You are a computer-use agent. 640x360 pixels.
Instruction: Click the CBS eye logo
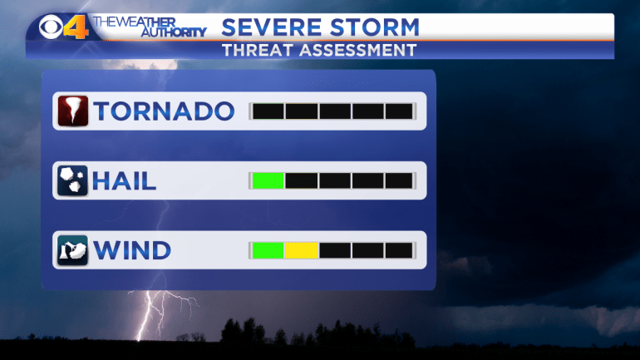click(51, 27)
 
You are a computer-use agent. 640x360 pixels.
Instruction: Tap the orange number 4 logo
click(76, 27)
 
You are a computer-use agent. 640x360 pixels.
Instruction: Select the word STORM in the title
click(375, 27)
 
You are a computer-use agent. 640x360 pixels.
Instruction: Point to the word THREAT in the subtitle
click(258, 51)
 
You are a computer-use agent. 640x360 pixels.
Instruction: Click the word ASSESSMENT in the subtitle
click(358, 51)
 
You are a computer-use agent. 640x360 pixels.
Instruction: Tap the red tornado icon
click(72, 111)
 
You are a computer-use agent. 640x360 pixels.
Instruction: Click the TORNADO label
click(164, 111)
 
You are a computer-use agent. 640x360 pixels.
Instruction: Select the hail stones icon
click(72, 180)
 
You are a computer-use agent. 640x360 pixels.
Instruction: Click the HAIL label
click(124, 180)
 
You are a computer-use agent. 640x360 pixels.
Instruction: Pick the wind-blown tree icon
click(72, 250)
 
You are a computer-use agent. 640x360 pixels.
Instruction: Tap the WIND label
click(132, 250)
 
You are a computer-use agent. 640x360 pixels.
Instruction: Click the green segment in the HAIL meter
click(268, 180)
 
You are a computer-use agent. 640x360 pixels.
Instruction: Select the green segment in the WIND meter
click(268, 250)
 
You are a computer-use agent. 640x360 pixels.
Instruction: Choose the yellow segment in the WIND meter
click(301, 250)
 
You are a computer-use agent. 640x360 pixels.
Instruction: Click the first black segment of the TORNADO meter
click(268, 111)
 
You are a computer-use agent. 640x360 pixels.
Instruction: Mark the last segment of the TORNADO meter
click(399, 111)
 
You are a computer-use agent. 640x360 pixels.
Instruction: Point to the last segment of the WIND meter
click(399, 250)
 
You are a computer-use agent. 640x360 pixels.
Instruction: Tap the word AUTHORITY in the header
click(174, 32)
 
